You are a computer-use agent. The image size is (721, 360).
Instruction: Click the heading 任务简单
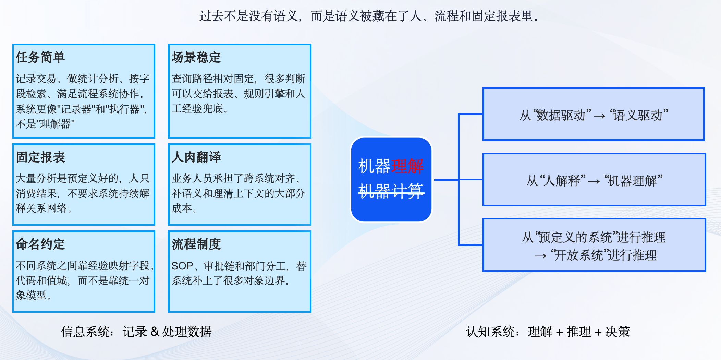click(x=40, y=57)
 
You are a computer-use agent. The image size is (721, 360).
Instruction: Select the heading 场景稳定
click(x=196, y=57)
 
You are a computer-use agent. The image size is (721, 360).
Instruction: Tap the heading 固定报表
click(x=40, y=157)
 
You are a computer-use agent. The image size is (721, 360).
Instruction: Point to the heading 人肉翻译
click(x=196, y=157)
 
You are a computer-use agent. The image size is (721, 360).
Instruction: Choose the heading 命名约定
click(x=40, y=244)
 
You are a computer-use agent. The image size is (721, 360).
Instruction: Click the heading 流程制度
click(x=196, y=244)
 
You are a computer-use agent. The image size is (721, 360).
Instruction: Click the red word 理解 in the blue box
click(x=407, y=166)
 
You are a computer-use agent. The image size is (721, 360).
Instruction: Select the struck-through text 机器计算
click(x=391, y=191)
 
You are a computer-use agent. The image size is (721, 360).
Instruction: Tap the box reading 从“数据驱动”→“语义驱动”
click(x=594, y=114)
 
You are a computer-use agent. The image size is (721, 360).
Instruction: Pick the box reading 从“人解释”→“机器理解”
click(x=594, y=180)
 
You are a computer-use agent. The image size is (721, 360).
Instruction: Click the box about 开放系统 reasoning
click(x=594, y=245)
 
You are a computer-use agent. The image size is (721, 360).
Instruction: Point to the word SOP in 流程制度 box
click(x=182, y=266)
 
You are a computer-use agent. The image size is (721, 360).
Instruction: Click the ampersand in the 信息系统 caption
click(x=155, y=332)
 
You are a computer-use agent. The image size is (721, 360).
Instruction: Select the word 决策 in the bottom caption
click(x=618, y=332)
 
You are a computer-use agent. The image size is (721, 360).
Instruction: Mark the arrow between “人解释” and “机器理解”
click(x=594, y=182)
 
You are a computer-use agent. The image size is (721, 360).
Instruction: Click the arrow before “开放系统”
click(x=540, y=256)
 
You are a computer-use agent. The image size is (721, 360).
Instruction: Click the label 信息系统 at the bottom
click(x=86, y=332)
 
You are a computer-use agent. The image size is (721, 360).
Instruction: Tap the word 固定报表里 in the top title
click(x=502, y=16)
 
